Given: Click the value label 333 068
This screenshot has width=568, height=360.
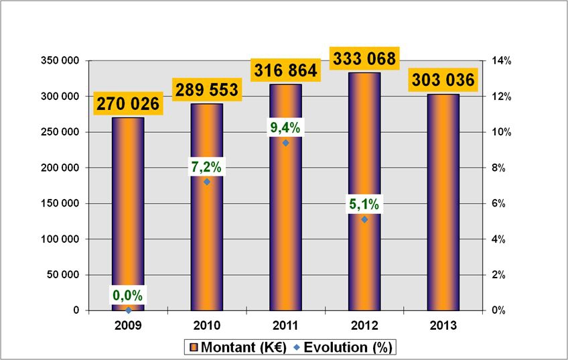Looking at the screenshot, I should [364, 58].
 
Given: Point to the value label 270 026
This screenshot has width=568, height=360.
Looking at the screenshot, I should [129, 104].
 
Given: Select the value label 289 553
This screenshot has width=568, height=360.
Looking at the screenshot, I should [207, 90].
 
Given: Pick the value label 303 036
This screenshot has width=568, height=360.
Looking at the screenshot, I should [443, 80].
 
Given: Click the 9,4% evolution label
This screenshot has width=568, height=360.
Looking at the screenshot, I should [285, 128].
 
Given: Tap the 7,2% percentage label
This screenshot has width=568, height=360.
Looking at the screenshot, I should [207, 167].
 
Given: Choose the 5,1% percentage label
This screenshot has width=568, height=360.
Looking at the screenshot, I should [364, 204].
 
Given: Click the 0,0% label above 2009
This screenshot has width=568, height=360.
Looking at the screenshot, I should [128, 296].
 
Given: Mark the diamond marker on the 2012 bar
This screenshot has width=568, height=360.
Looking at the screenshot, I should [364, 219].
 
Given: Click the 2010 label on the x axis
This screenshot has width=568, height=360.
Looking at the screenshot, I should [207, 326].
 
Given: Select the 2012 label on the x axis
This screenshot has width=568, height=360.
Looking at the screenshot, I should [364, 326].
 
